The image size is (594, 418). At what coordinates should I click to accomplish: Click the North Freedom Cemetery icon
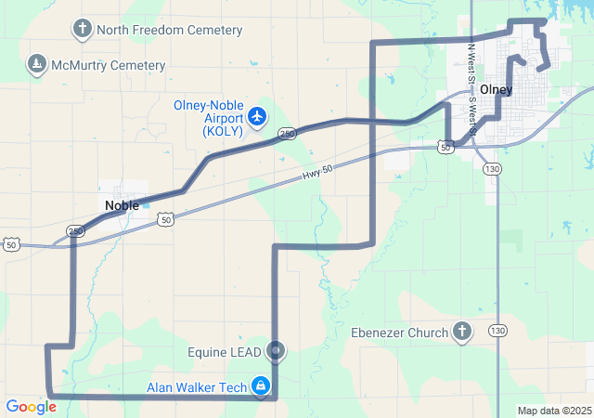pyautogui.click(x=83, y=30)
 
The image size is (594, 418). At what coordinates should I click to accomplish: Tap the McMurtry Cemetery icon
pyautogui.click(x=36, y=65)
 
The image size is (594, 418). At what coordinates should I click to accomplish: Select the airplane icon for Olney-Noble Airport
pyautogui.click(x=257, y=117)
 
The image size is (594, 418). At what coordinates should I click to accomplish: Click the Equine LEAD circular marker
pyautogui.click(x=276, y=351)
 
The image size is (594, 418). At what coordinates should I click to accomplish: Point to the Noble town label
pyautogui.click(x=122, y=205)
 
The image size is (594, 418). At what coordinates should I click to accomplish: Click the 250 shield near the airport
pyautogui.click(x=287, y=134)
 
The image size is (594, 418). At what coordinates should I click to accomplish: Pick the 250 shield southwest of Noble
pyautogui.click(x=75, y=230)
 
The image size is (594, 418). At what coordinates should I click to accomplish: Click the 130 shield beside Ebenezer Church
pyautogui.click(x=497, y=331)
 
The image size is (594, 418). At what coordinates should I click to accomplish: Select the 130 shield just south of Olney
pyautogui.click(x=492, y=169)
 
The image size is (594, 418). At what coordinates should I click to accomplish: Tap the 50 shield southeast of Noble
pyautogui.click(x=164, y=219)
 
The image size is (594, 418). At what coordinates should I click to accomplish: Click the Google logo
pyautogui.click(x=31, y=407)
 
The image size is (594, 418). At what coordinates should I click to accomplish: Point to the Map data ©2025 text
pyautogui.click(x=553, y=411)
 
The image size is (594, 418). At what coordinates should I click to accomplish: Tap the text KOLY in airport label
pyautogui.click(x=223, y=131)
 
